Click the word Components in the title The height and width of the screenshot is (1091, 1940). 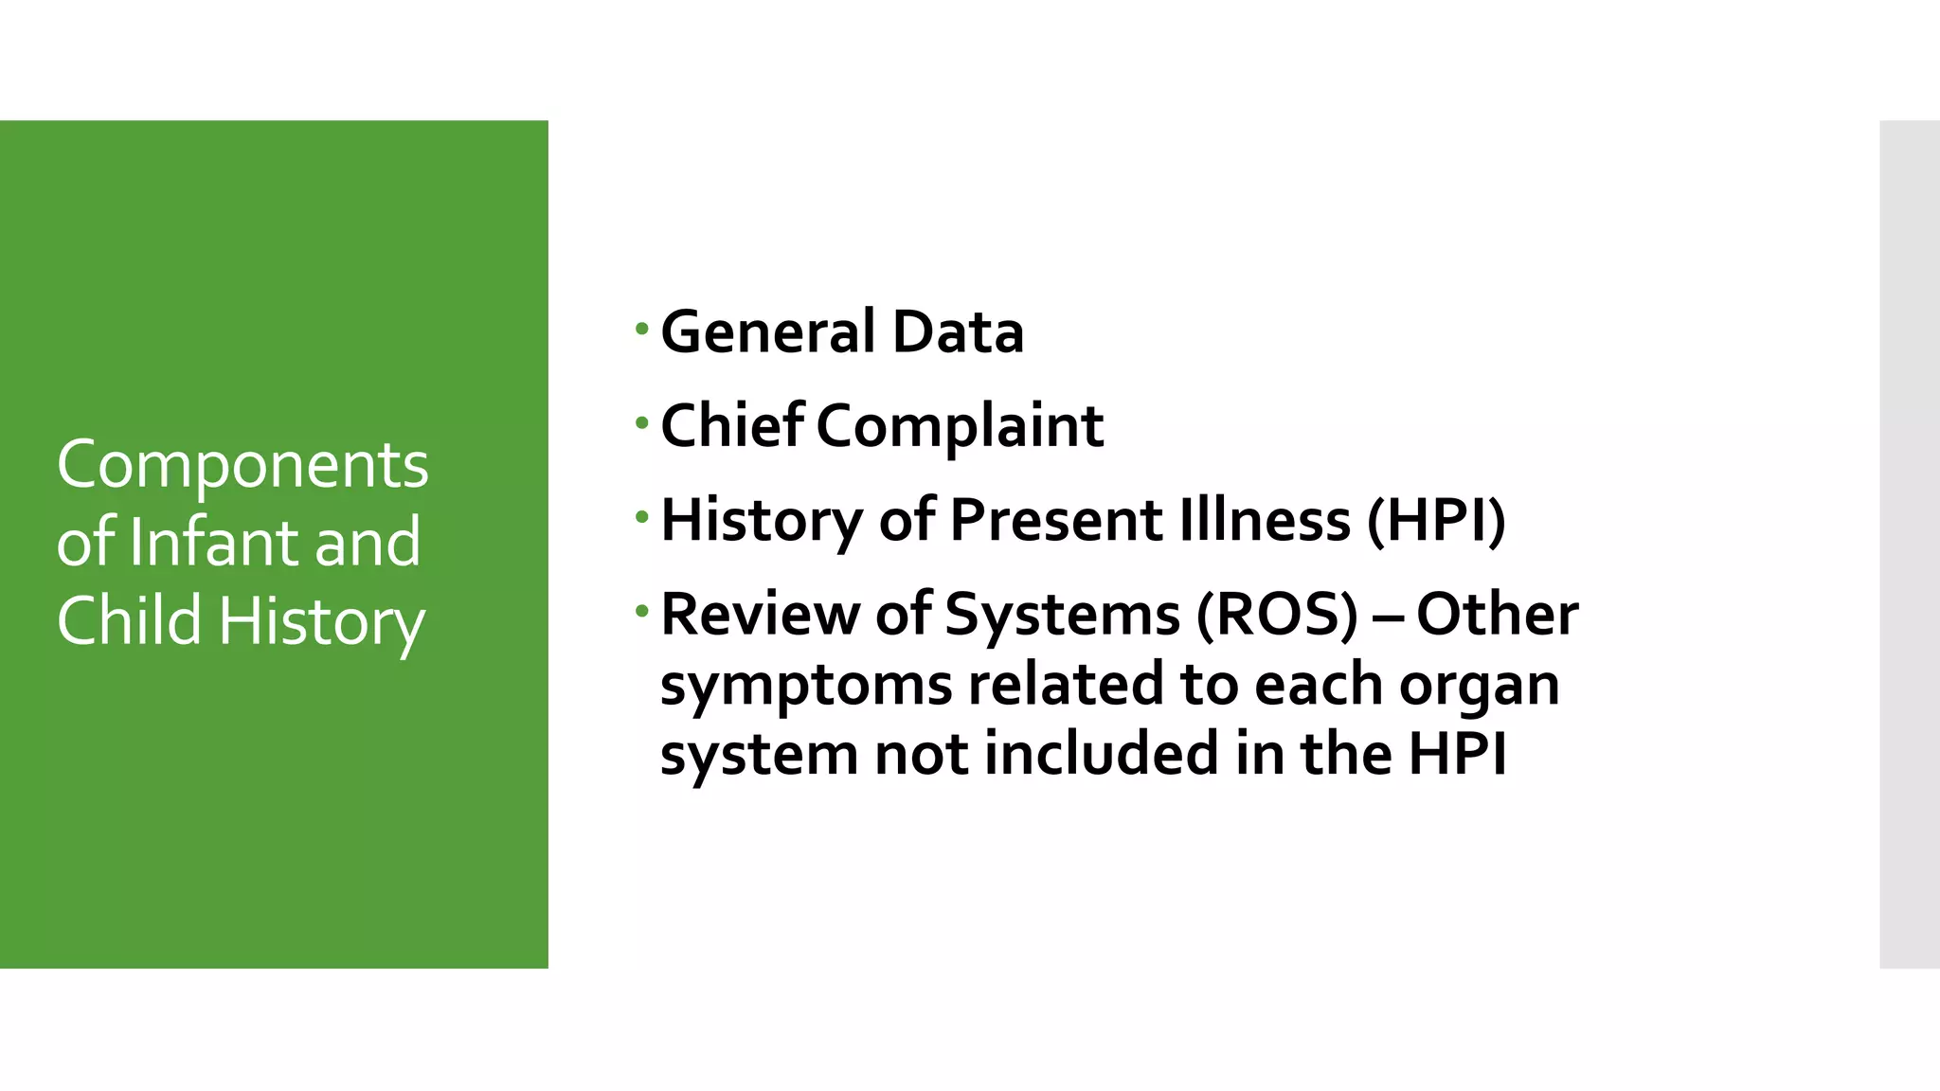(x=242, y=466)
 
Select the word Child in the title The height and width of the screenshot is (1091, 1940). (x=130, y=620)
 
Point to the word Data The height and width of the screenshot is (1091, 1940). (x=958, y=332)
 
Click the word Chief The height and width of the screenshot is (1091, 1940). (x=731, y=425)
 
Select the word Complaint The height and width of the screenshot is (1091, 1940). (x=960, y=427)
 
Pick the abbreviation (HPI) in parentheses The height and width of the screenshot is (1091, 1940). (x=1436, y=520)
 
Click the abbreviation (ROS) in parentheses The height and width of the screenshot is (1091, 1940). (x=1277, y=615)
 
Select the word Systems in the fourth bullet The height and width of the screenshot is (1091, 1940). (x=1063, y=615)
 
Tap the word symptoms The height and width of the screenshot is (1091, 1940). (x=805, y=686)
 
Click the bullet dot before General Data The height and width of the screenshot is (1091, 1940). (x=642, y=330)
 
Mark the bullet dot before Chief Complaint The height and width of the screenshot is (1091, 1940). (x=642, y=422)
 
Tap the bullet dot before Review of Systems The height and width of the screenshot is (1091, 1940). (x=642, y=612)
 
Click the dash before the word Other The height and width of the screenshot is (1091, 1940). (x=1387, y=617)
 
